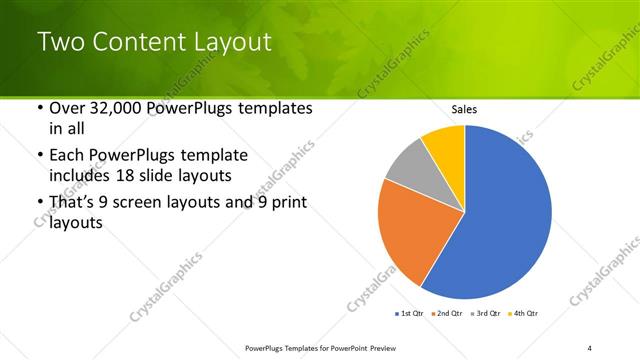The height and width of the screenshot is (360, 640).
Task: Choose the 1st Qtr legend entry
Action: coord(410,314)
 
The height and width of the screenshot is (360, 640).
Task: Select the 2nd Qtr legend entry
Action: coord(446,314)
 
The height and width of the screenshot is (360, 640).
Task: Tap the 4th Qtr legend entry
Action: coord(525,314)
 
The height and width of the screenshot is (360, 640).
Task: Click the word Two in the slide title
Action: coord(59,42)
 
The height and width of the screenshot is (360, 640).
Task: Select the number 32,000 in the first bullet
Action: coord(112,108)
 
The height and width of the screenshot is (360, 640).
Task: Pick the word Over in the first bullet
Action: coord(65,108)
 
